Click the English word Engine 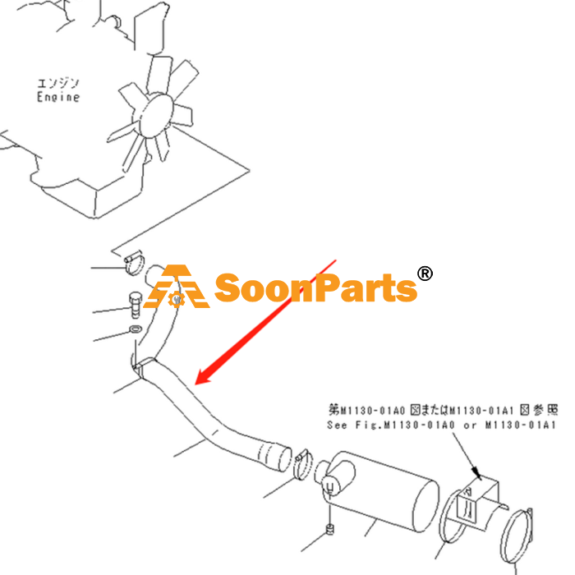(x=58, y=97)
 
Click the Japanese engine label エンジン (x=58, y=84)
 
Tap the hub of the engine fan (x=156, y=115)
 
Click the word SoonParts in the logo (x=315, y=288)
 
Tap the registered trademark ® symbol (x=425, y=274)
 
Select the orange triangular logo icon (x=177, y=287)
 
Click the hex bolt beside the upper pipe (x=136, y=305)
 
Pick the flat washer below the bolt (x=136, y=329)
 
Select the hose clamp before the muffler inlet (x=303, y=465)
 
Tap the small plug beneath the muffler (x=330, y=529)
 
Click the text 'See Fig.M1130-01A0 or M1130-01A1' (x=441, y=425)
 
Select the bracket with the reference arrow (x=476, y=503)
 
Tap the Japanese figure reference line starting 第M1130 (x=443, y=410)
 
